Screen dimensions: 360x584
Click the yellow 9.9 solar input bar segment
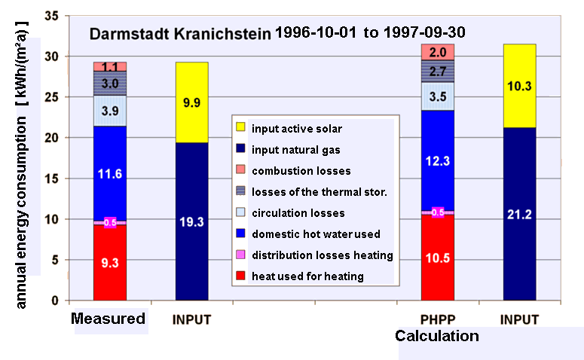pos(191,102)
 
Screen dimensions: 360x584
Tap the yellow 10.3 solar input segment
pos(519,86)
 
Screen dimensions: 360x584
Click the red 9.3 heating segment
pos(110,264)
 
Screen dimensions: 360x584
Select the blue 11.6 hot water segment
pos(110,174)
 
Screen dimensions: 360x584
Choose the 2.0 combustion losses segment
pos(437,52)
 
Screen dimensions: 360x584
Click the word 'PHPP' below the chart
pos(436,319)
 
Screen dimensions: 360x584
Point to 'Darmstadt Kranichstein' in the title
pos(180,34)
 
